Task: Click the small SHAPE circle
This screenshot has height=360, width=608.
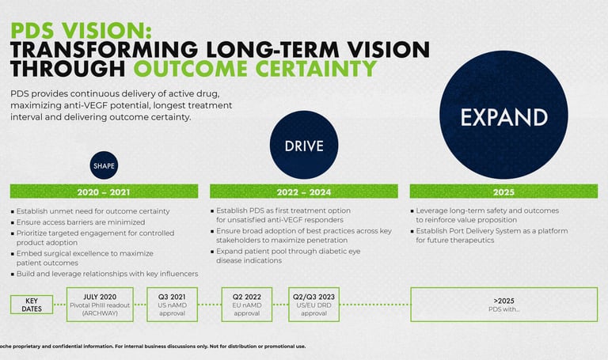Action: click(104, 165)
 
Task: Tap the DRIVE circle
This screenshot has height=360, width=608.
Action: click(304, 145)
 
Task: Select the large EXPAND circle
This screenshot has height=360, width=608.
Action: click(503, 115)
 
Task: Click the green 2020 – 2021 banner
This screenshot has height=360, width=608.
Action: click(104, 191)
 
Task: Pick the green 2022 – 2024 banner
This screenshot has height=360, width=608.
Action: click(304, 191)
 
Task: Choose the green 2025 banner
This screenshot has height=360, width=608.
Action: click(503, 191)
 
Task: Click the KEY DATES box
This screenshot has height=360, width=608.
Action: click(32, 305)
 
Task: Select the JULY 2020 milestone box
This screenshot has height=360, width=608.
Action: click(100, 305)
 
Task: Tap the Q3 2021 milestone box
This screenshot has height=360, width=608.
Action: click(172, 305)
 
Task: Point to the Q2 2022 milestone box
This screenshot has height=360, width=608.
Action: click(247, 305)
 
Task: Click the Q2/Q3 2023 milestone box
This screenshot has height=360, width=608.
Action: click(314, 305)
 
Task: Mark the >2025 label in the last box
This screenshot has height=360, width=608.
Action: click(504, 301)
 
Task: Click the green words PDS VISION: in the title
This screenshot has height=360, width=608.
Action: click(81, 30)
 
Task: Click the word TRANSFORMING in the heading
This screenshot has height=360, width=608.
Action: click(104, 50)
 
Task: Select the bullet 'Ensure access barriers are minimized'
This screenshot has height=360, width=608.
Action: click(78, 222)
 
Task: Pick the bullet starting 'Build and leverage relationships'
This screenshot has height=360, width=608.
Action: click(104, 274)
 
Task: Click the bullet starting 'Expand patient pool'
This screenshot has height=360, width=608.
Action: click(286, 256)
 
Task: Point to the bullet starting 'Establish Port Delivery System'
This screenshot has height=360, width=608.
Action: click(489, 235)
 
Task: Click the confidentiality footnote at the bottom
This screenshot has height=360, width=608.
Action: click(153, 347)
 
